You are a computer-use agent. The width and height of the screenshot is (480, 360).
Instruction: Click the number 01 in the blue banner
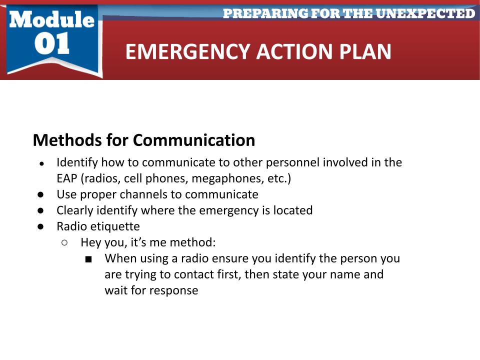(51, 43)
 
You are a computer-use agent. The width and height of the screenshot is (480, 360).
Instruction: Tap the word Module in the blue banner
(51, 19)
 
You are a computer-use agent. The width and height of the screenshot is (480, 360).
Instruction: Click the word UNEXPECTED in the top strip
(425, 13)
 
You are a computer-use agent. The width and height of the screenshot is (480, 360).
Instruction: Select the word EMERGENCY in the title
(188, 51)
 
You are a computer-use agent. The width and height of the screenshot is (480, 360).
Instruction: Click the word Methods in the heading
(67, 140)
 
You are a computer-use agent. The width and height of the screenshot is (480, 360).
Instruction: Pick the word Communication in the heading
(194, 140)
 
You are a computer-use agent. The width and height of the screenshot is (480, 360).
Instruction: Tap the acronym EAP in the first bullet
(66, 178)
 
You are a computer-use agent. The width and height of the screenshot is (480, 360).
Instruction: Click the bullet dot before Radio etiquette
(40, 226)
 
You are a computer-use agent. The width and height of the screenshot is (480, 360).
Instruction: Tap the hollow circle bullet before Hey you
(64, 243)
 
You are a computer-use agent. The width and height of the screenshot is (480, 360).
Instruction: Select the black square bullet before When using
(88, 259)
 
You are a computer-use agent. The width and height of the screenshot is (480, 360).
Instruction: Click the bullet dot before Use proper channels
(40, 194)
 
